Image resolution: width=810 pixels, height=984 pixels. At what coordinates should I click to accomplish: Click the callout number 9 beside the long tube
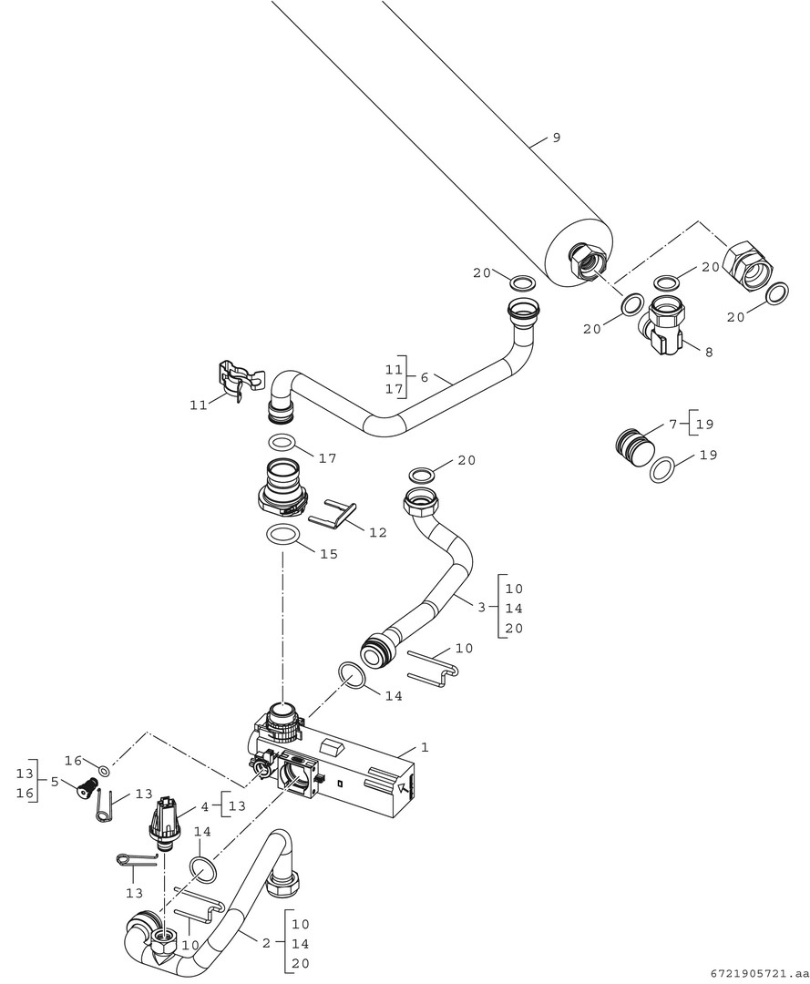tap(556, 138)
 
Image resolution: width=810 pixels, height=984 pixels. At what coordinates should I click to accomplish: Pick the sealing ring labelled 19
tap(662, 469)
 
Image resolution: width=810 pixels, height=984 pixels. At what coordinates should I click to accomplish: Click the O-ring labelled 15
tap(284, 535)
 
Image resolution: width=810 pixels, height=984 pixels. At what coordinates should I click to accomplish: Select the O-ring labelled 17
tap(283, 444)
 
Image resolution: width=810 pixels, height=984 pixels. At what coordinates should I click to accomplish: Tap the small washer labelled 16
tap(105, 772)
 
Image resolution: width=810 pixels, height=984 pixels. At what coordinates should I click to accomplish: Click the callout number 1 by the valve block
tap(424, 747)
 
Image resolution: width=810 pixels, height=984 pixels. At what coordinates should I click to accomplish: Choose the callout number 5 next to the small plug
tap(55, 782)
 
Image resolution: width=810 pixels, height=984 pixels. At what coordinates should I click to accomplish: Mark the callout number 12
tap(377, 532)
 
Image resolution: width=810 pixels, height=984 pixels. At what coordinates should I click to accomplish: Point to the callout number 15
tap(328, 554)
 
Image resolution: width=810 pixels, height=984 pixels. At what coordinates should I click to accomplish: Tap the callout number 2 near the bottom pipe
tap(266, 943)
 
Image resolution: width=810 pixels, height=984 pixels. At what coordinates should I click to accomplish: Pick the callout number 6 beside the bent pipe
tap(424, 377)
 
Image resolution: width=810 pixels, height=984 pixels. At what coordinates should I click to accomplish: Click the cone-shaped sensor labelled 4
tap(165, 819)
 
